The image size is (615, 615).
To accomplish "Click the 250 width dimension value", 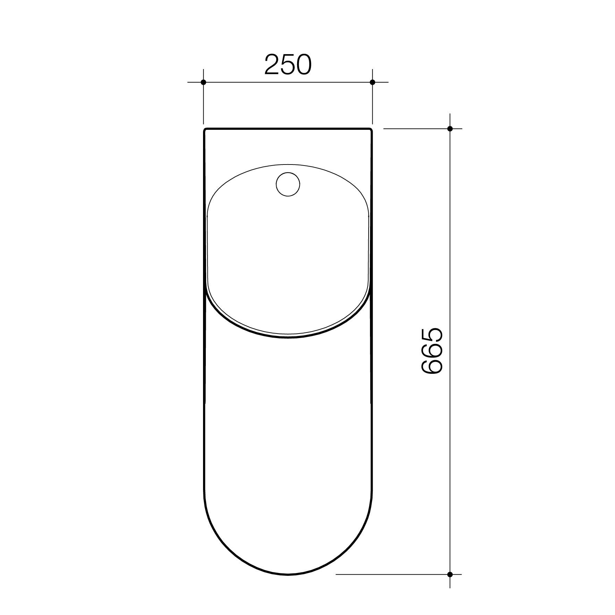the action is click(x=288, y=65).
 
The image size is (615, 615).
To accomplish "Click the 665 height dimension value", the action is click(x=432, y=351).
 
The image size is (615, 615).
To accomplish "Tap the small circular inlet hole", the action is click(x=287, y=185).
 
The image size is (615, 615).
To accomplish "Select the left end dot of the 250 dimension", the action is click(x=203, y=82).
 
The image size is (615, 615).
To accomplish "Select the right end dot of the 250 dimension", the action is click(x=372, y=82).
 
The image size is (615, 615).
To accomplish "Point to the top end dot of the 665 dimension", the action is click(x=450, y=129).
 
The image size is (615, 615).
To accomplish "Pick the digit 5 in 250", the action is click(x=287, y=65).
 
